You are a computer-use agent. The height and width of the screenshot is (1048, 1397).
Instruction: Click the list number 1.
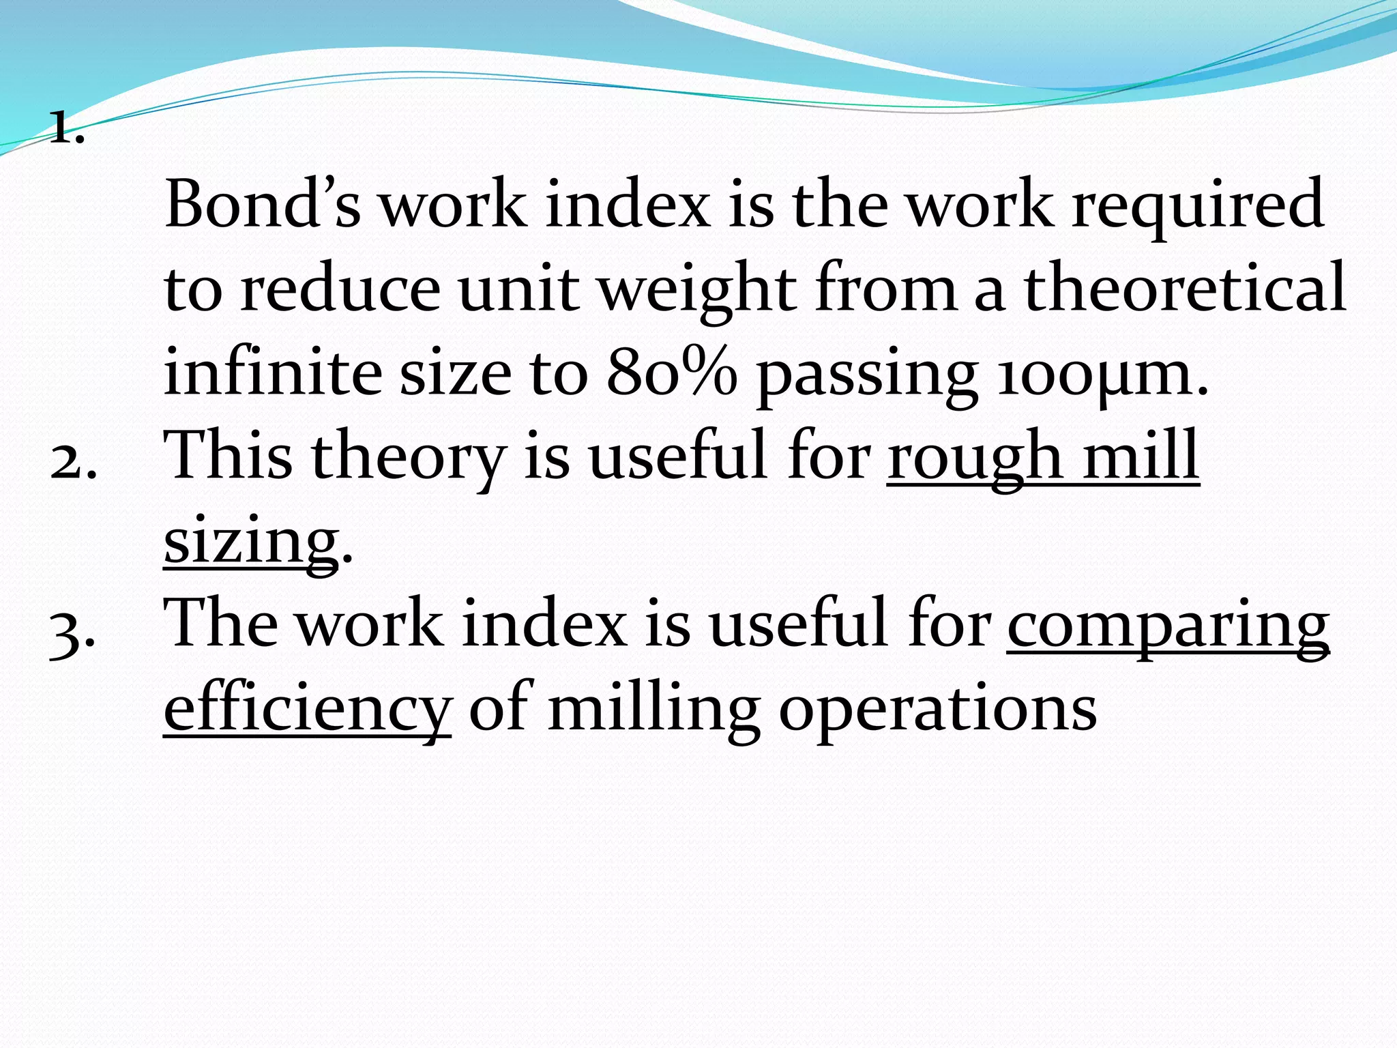click(67, 128)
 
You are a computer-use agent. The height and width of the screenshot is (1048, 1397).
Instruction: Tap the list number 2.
click(72, 463)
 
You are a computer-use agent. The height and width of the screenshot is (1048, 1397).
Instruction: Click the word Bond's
click(262, 203)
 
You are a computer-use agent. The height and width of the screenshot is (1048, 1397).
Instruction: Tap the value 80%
click(672, 372)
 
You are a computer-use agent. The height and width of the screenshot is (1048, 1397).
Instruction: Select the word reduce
click(340, 288)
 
